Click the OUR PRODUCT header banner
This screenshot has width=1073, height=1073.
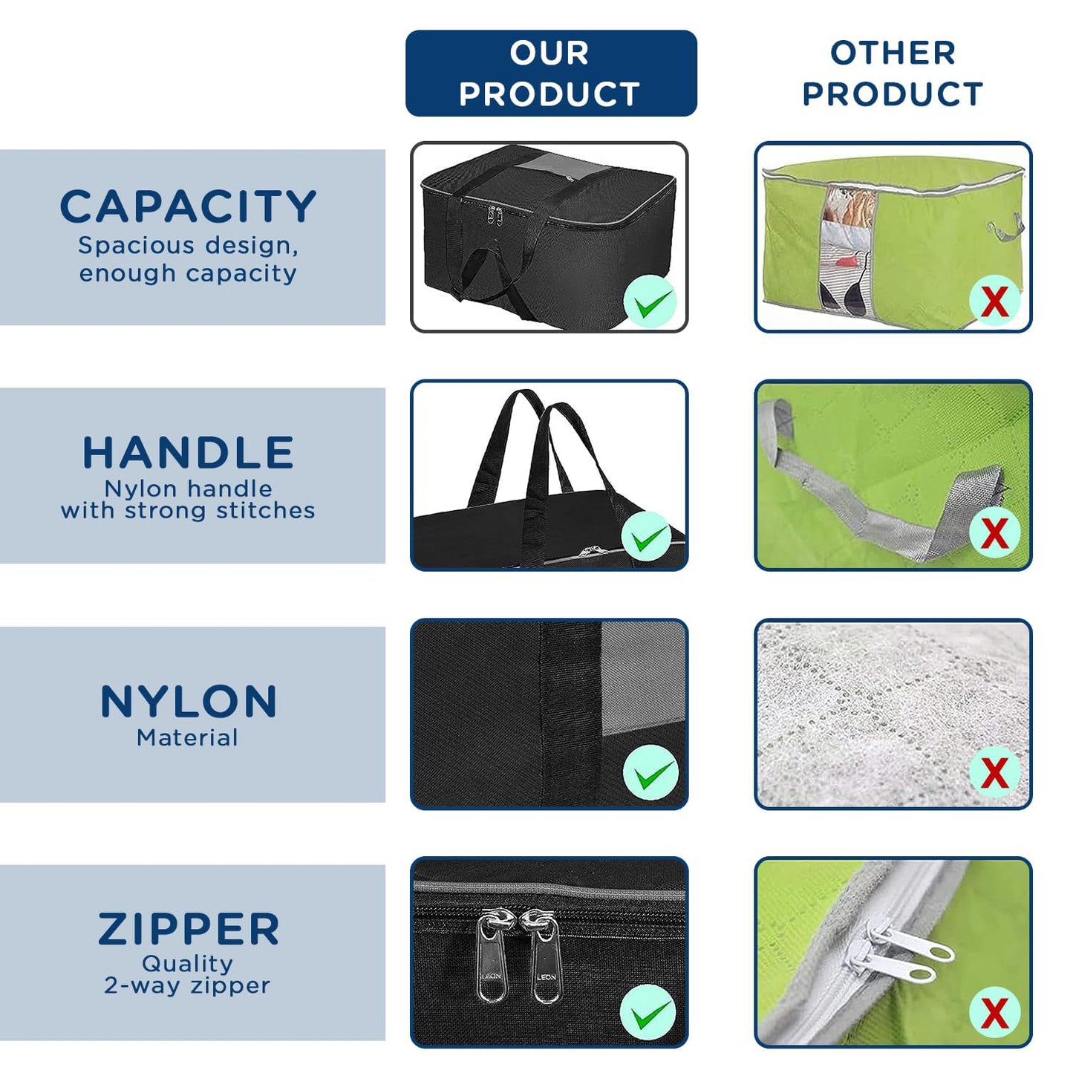(x=551, y=73)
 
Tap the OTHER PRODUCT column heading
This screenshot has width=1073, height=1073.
(x=893, y=73)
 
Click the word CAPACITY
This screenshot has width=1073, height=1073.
(x=188, y=206)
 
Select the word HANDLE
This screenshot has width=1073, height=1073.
(x=188, y=452)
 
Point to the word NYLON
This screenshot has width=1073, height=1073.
(x=188, y=701)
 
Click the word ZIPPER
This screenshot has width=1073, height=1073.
(x=188, y=929)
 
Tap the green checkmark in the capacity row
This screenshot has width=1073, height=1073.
(x=649, y=301)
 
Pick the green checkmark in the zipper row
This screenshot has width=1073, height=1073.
(x=649, y=1011)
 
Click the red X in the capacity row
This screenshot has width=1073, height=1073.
(x=994, y=301)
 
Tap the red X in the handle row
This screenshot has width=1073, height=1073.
(x=994, y=533)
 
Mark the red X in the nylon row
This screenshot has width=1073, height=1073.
(x=994, y=772)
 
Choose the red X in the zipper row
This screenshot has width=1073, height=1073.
(x=994, y=1012)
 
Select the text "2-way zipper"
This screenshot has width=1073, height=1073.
(x=187, y=985)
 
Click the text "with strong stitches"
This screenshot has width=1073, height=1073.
(x=188, y=510)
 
